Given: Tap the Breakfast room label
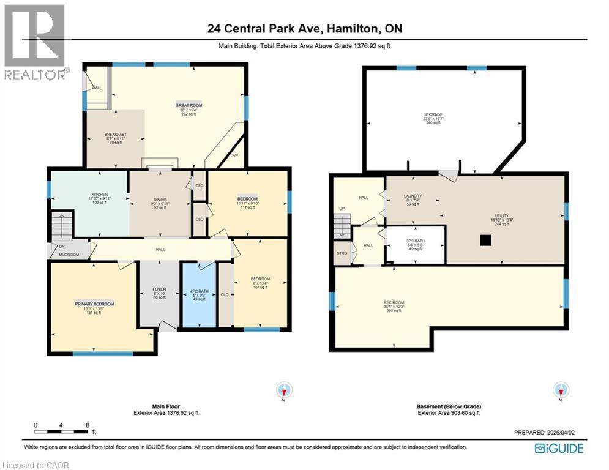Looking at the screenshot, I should pyautogui.click(x=115, y=135).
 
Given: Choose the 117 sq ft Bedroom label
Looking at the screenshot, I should pyautogui.click(x=247, y=200).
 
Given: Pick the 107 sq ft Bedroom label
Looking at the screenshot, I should pyautogui.click(x=260, y=279).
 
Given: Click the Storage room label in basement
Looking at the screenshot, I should pyautogui.click(x=433, y=114).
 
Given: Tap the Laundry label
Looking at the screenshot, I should pyautogui.click(x=413, y=196).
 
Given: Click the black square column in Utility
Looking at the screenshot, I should pyautogui.click(x=485, y=241).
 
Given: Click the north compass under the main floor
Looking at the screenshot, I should pyautogui.click(x=285, y=390).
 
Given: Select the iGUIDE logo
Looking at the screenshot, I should pyautogui.click(x=559, y=449).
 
